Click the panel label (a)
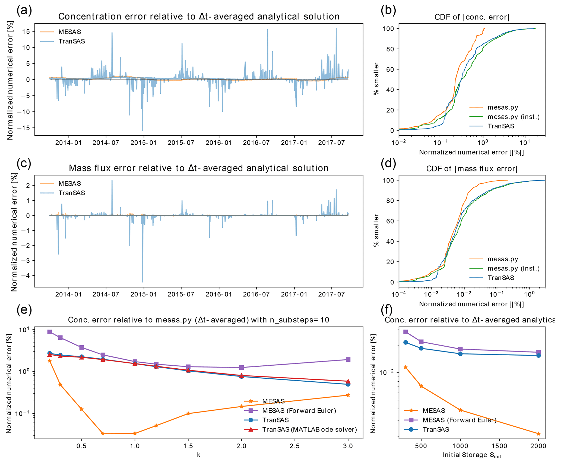pyautogui.click(x=24, y=10)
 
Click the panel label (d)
pyautogui.click(x=388, y=163)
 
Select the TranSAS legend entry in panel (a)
pyautogui.click(x=72, y=41)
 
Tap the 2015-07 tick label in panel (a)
pyautogui.click(x=181, y=143)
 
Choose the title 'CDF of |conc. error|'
pyautogui.click(x=472, y=17)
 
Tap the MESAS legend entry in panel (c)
pyautogui.click(x=70, y=184)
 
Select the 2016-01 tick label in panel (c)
pyautogui.click(x=219, y=294)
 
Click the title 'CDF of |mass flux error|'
pyautogui.click(x=472, y=169)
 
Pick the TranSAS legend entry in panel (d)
pyautogui.click(x=501, y=278)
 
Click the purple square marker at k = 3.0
pyautogui.click(x=348, y=360)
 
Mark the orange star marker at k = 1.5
pyautogui.click(x=188, y=414)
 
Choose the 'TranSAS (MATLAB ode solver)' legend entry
pyautogui.click(x=309, y=429)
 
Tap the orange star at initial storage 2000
pyautogui.click(x=538, y=434)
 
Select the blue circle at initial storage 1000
pyautogui.click(x=460, y=354)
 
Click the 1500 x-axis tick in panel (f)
pyautogui.click(x=499, y=446)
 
